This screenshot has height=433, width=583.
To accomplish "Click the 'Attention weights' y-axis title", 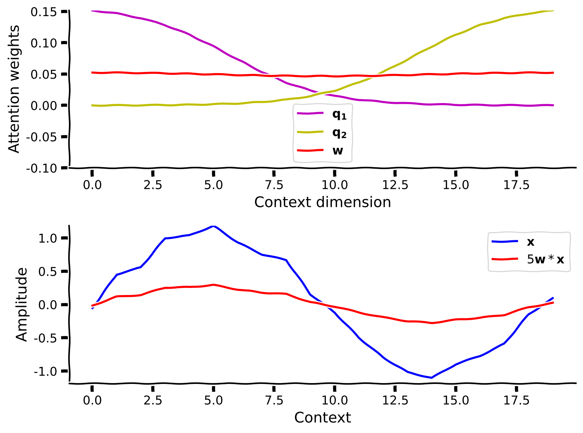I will click(x=14, y=89).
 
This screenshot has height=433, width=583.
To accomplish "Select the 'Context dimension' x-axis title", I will click(x=322, y=202).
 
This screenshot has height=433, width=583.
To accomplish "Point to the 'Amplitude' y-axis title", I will click(x=22, y=304).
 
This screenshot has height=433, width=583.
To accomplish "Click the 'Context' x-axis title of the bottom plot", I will click(x=322, y=417).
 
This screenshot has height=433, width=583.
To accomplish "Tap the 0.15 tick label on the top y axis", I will click(x=43, y=12).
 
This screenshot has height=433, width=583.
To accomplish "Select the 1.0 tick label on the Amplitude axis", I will click(x=48, y=238).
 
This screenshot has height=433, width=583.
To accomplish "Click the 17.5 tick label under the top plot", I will click(x=516, y=185).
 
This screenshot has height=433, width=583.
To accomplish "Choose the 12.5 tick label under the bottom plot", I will click(x=395, y=400).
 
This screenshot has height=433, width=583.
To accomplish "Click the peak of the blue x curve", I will click(x=214, y=226).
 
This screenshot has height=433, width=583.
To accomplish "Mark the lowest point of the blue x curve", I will click(x=432, y=378).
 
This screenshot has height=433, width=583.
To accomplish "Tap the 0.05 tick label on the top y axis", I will click(x=43, y=75).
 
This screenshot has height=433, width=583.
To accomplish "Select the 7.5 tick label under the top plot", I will click(x=274, y=185).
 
